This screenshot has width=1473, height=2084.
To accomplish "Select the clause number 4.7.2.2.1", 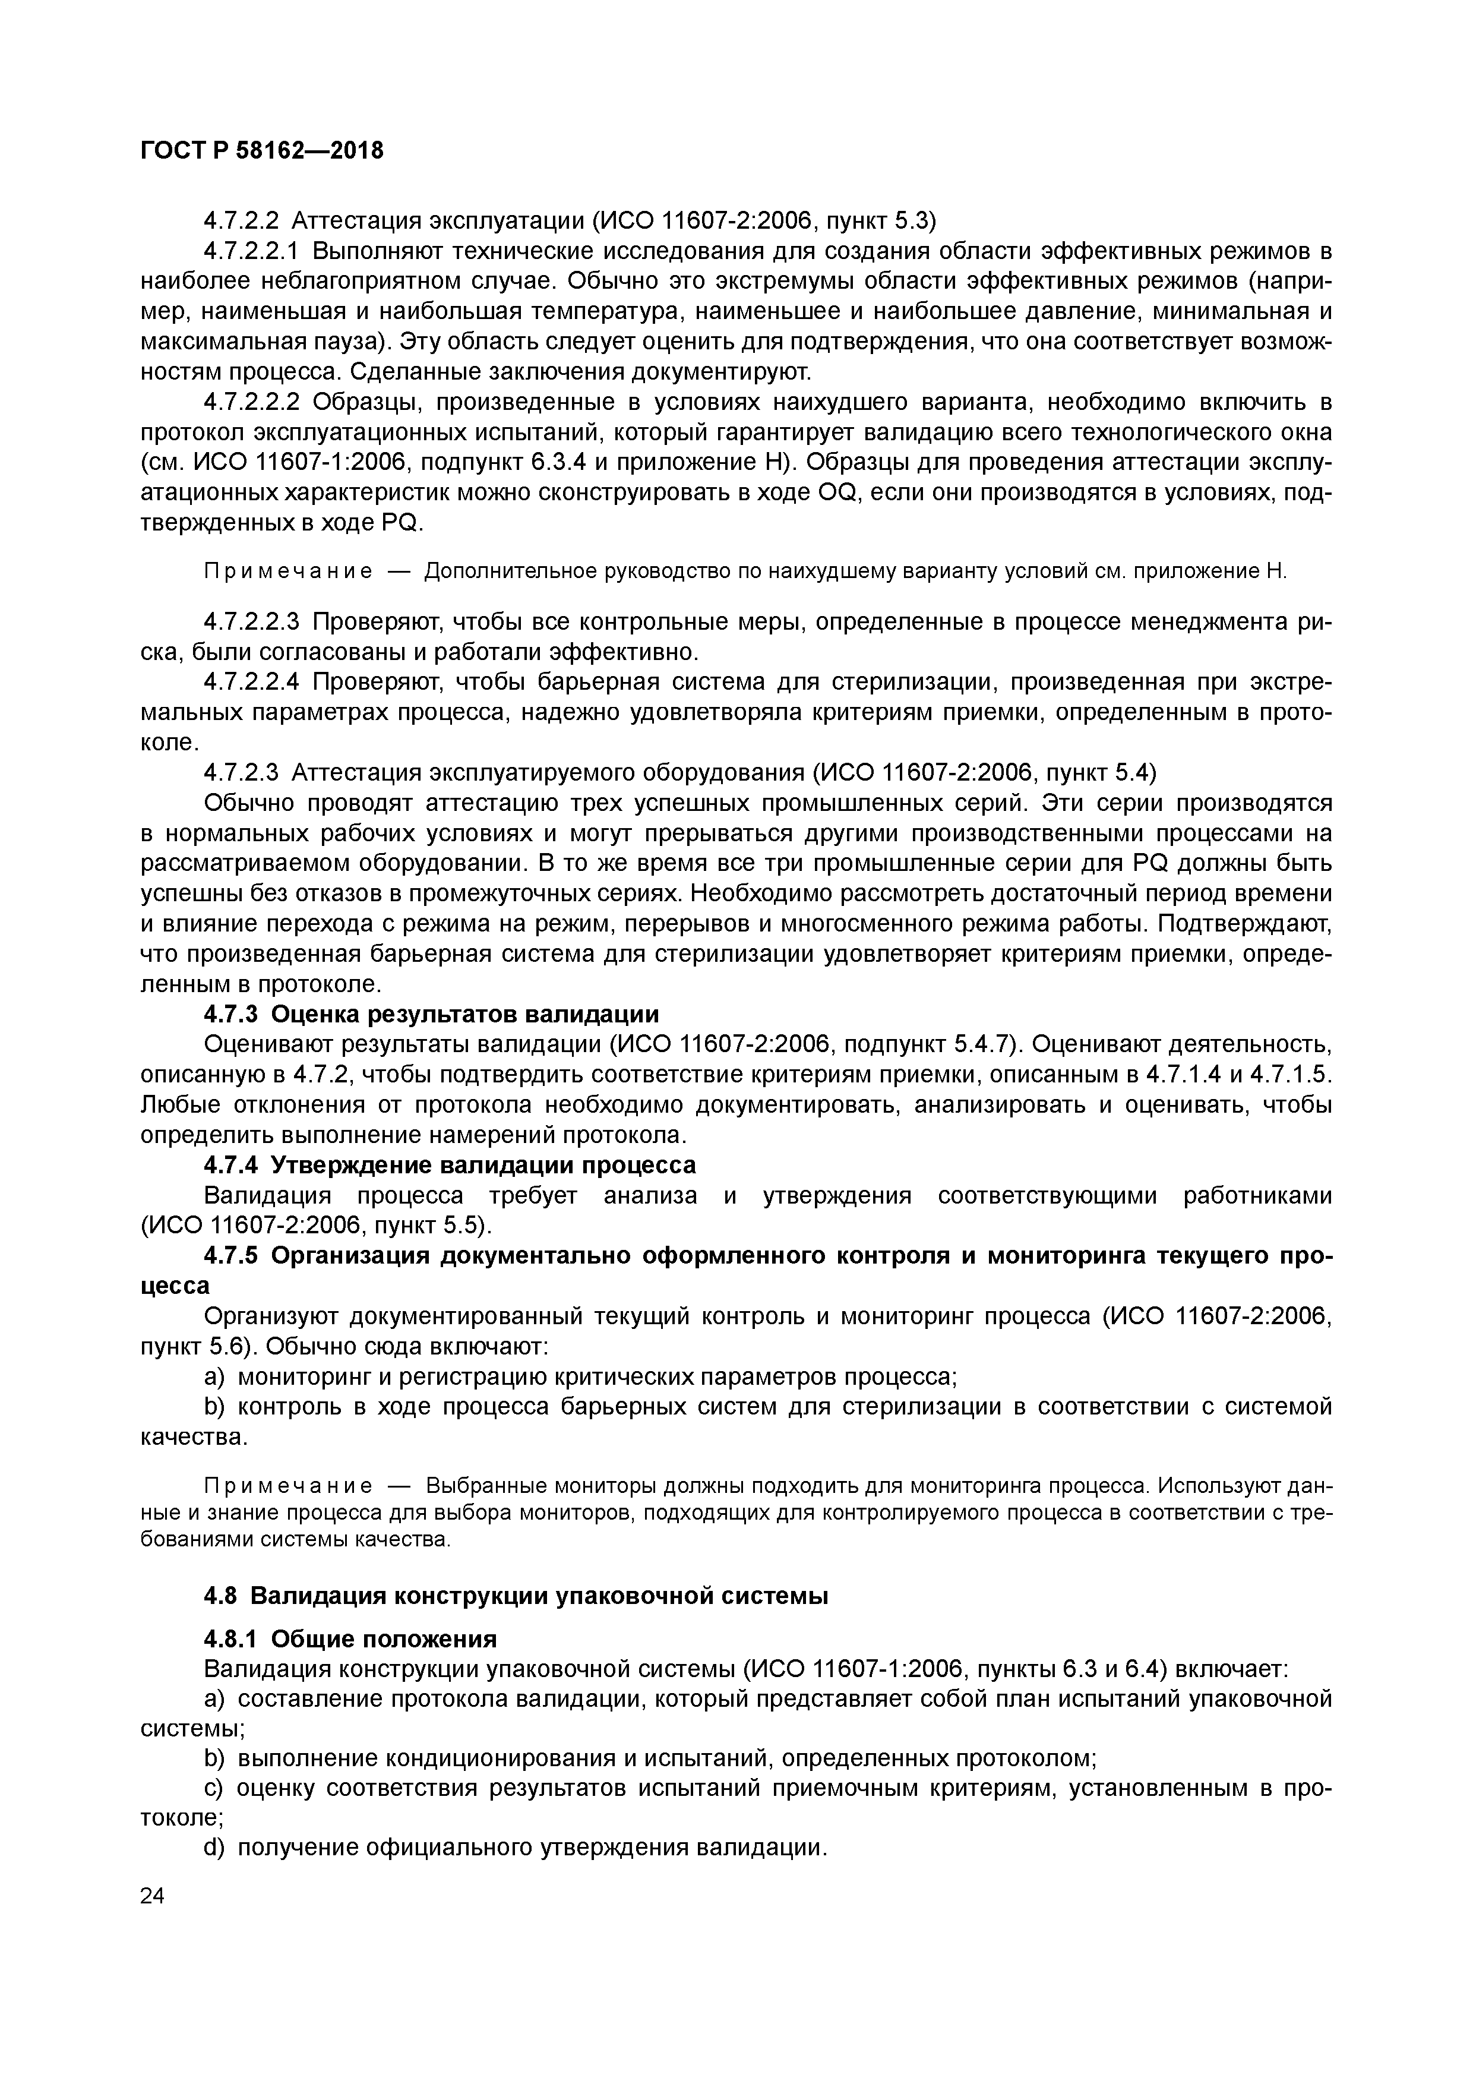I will point(257,251).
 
